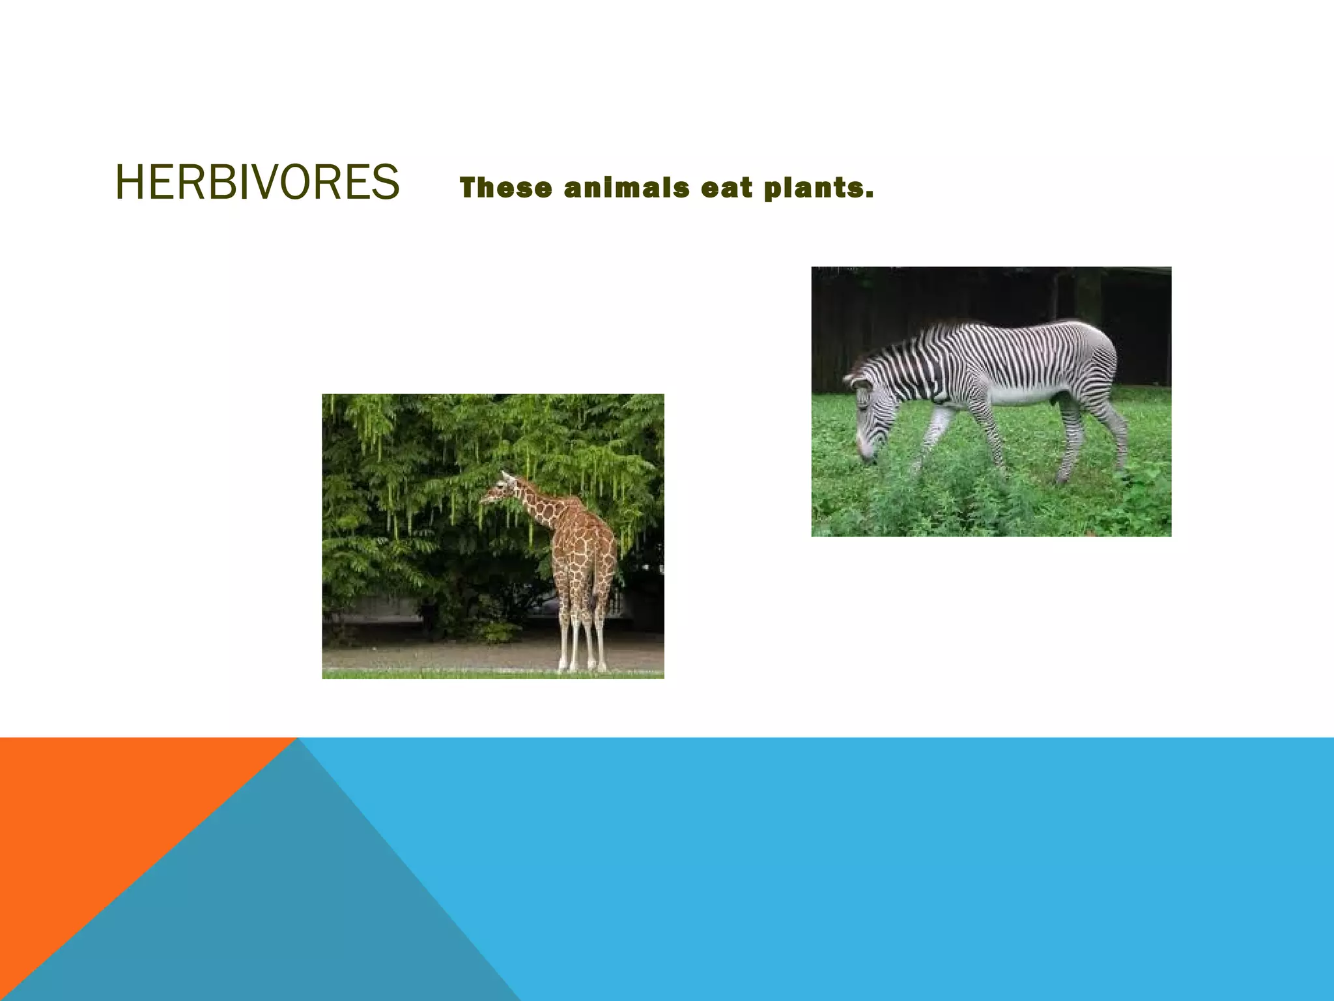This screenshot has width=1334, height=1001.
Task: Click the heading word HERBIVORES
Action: point(257,182)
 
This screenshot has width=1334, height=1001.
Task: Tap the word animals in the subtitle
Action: point(627,188)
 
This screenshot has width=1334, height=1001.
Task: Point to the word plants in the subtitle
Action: point(817,188)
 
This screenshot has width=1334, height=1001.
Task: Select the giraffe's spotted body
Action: point(584,547)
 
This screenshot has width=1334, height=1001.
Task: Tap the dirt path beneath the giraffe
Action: point(456,655)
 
